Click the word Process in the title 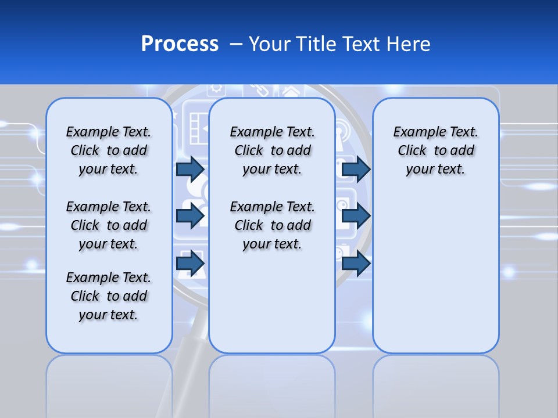pyautogui.click(x=180, y=44)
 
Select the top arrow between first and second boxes pyautogui.click(x=190, y=169)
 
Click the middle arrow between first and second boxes pyautogui.click(x=190, y=216)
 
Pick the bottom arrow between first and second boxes pyautogui.click(x=190, y=264)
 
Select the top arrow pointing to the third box pyautogui.click(x=356, y=169)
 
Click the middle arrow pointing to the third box pyautogui.click(x=356, y=216)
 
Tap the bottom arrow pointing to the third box pyautogui.click(x=356, y=264)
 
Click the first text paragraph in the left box pyautogui.click(x=109, y=150)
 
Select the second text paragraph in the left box pyautogui.click(x=109, y=225)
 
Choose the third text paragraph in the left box pyautogui.click(x=109, y=296)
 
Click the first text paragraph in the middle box pyautogui.click(x=272, y=150)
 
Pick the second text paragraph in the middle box pyautogui.click(x=272, y=225)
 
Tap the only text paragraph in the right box pyautogui.click(x=435, y=150)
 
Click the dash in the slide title pyautogui.click(x=236, y=44)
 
